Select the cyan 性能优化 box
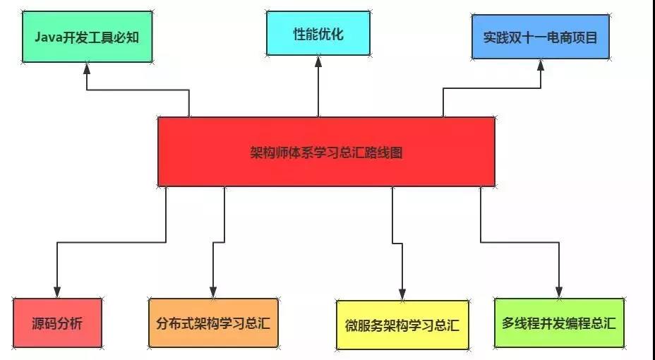coord(318,33)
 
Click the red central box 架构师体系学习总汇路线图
coord(326,152)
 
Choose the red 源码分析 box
coord(57,323)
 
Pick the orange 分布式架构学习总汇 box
coord(213,323)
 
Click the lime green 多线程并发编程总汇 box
coord(559,323)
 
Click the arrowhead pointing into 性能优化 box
coord(318,61)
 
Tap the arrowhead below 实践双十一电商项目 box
coord(541,65)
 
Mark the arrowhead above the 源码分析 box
coord(57,292)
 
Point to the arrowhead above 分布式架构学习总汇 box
coord(213,292)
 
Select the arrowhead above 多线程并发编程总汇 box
coord(559,292)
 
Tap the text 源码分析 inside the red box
coord(57,324)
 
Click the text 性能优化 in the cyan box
coord(318,33)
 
